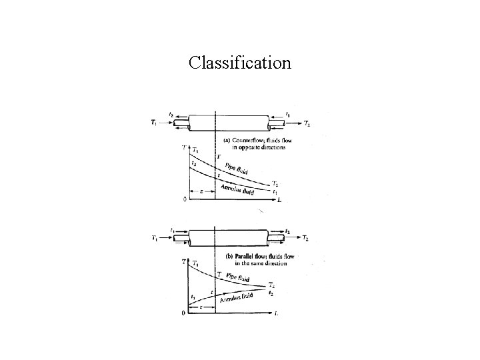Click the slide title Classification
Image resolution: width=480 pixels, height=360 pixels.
239,63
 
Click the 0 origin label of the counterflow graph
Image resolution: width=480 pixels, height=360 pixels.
185,199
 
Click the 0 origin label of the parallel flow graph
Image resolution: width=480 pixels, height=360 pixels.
185,313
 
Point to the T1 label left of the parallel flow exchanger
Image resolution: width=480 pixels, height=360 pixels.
155,238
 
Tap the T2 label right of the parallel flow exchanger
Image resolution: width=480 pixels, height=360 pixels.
305,238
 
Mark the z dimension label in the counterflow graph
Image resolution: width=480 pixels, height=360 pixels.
201,191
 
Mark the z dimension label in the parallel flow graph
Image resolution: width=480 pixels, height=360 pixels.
201,306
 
